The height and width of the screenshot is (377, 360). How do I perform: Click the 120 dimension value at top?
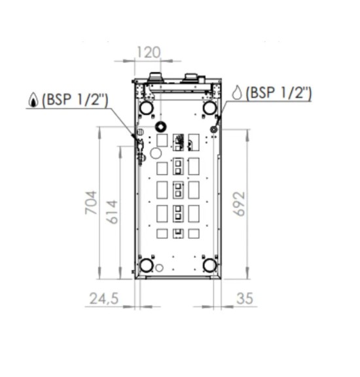[148, 52]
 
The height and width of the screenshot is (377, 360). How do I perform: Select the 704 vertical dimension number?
[92, 202]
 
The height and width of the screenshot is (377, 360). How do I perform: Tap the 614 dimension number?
[113, 212]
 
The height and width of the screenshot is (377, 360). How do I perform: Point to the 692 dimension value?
[239, 204]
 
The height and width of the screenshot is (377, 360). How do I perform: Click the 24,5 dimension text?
[104, 298]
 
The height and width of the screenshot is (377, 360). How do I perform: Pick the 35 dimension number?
[245, 298]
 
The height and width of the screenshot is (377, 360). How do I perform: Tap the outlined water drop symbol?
[237, 92]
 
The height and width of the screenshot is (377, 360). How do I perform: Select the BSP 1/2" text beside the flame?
[75, 99]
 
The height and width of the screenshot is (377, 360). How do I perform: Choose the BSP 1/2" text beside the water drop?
[278, 92]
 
